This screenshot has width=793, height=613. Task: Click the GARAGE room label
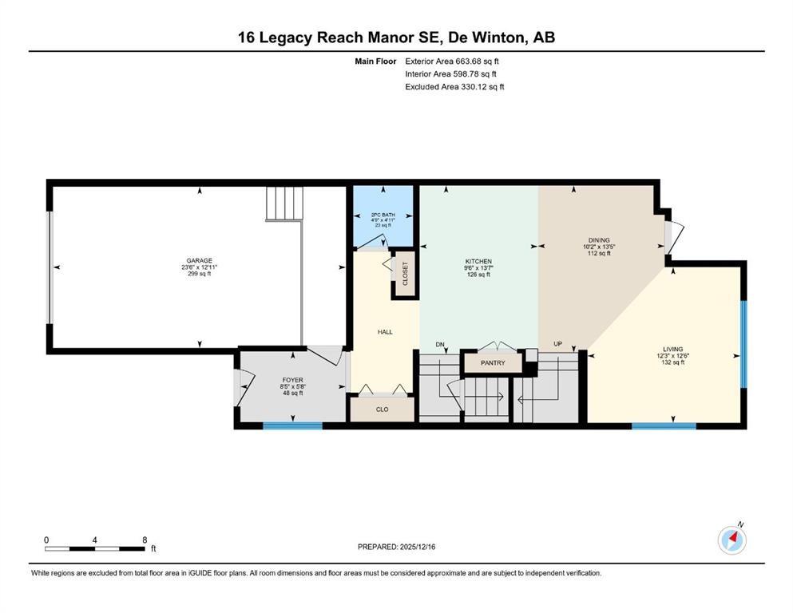click(199, 260)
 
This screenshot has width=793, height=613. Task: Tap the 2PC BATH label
click(383, 215)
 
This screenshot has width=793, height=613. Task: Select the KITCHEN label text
click(478, 261)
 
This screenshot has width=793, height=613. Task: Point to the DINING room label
click(599, 240)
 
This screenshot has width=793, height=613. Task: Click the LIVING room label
click(672, 349)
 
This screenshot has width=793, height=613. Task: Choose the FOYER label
click(293, 380)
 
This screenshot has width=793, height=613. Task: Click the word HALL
click(385, 331)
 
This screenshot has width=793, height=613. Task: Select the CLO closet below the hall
click(382, 409)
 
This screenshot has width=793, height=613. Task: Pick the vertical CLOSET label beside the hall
click(405, 274)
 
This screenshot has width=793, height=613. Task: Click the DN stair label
click(439, 344)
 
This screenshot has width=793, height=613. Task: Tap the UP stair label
click(558, 344)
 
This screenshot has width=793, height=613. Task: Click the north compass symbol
click(732, 540)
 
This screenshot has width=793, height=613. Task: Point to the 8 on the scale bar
click(145, 540)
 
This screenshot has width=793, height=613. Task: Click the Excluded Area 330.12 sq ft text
click(454, 86)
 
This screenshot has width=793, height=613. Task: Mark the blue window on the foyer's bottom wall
click(293, 425)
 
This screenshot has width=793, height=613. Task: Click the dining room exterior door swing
click(673, 235)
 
